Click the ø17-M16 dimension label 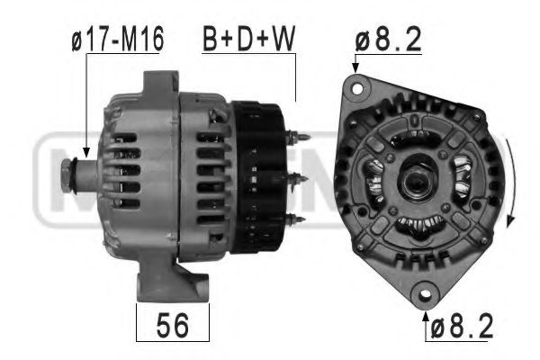tap(117, 40)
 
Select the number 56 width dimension tap(173, 326)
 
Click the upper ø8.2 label tap(389, 39)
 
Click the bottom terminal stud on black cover tap(298, 219)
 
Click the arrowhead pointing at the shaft tap(85, 154)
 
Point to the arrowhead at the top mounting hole tap(355, 69)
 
